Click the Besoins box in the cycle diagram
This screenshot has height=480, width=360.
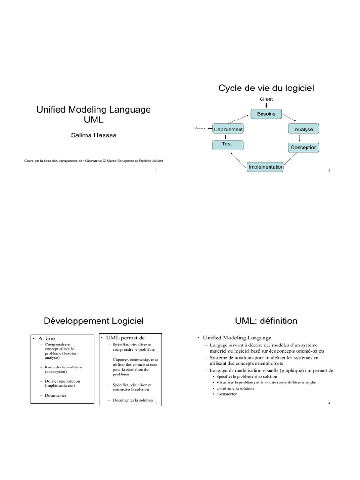[x=266, y=114]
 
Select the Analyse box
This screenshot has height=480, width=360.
[x=303, y=129]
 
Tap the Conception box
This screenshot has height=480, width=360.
[x=303, y=147]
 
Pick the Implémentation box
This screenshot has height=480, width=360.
[x=265, y=167]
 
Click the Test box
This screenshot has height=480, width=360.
[x=228, y=145]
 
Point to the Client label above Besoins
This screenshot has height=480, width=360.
[x=266, y=99]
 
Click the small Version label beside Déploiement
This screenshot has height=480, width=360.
[x=201, y=128]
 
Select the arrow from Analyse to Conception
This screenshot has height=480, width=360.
[x=300, y=138]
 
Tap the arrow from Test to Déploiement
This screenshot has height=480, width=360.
[x=225, y=137]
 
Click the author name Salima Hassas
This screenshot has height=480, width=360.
[x=94, y=135]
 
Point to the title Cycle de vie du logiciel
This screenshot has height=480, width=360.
[x=266, y=88]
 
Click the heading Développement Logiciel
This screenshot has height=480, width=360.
[x=94, y=321]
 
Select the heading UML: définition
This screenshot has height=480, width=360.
[x=266, y=321]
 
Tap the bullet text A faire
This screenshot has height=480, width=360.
[x=46, y=338]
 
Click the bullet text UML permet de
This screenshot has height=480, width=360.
[x=125, y=337]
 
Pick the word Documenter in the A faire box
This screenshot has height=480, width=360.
[x=55, y=395]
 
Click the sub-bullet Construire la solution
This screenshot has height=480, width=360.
[x=235, y=388]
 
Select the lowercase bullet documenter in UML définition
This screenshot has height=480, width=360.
[x=226, y=394]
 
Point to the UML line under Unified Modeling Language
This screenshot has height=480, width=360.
[x=94, y=120]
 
